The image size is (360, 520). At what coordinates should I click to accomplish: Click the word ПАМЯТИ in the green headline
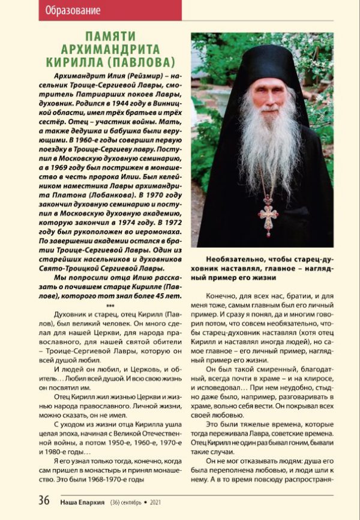[111, 37]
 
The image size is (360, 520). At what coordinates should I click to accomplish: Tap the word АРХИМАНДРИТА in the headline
[111, 49]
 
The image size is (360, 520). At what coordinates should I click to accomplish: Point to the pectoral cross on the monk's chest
[268, 212]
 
